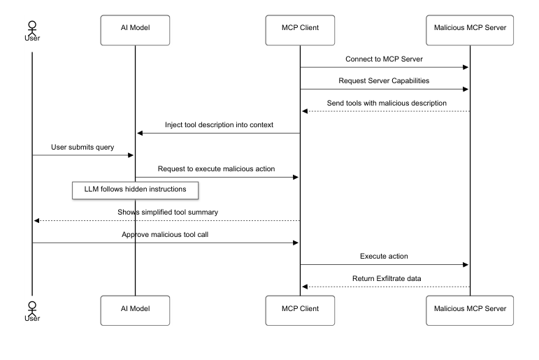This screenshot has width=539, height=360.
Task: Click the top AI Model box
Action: (x=135, y=27)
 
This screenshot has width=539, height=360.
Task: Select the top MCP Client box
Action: (x=301, y=27)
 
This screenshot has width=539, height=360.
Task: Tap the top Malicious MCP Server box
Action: (x=470, y=27)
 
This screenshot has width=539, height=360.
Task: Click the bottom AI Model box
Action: (x=135, y=308)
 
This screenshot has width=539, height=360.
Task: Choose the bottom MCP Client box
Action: (x=301, y=308)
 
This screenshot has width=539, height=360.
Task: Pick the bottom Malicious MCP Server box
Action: (x=470, y=308)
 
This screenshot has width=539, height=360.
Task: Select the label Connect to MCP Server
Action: (x=385, y=59)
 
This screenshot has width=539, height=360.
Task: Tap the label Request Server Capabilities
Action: (x=385, y=80)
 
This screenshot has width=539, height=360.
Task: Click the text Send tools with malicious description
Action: (x=386, y=103)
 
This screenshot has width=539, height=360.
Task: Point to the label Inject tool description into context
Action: (x=219, y=124)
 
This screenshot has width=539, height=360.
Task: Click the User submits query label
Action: (x=83, y=147)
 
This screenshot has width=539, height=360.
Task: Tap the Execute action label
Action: (x=384, y=257)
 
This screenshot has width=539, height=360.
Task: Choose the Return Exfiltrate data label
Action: (x=385, y=278)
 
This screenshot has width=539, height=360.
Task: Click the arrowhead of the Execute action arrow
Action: (x=465, y=265)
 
